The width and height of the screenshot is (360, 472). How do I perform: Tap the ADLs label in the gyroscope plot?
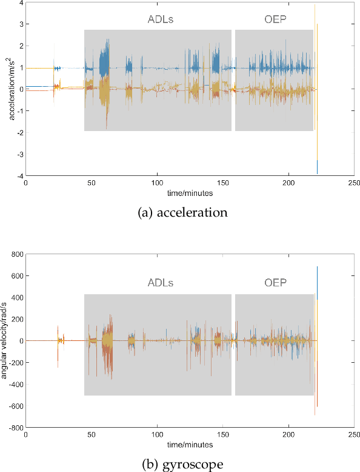tap(161, 283)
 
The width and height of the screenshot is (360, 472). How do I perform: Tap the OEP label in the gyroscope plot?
tap(275, 283)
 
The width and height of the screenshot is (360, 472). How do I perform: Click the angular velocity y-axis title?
tap(5, 341)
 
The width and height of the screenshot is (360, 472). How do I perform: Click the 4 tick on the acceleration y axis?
tap(20, 3)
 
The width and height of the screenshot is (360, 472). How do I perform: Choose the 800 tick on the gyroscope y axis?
tap(15, 254)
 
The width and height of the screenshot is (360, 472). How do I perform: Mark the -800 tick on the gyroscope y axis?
tap(14, 427)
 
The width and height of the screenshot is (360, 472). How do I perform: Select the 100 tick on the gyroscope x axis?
tap(157, 435)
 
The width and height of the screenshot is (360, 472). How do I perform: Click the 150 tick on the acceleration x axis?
tap(222, 183)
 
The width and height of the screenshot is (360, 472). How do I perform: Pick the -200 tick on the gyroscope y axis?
tap(14, 362)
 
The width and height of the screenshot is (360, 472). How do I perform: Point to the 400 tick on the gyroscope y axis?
tap(15, 297)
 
